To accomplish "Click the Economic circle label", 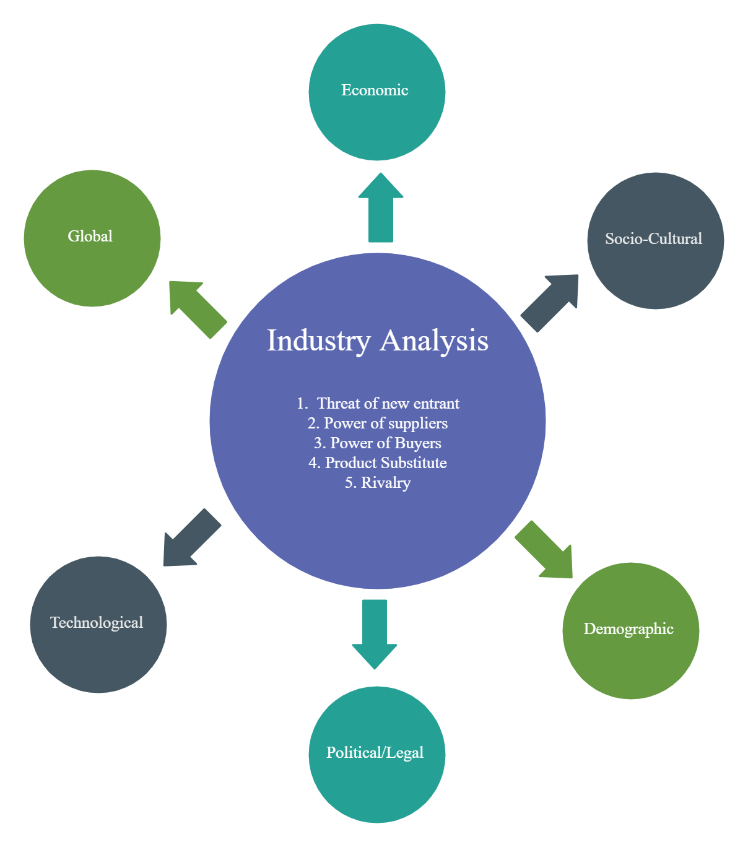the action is (375, 90).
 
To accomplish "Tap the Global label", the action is (90, 237).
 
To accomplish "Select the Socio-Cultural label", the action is (653, 239).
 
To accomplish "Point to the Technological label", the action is (97, 622).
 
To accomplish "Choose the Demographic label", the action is (628, 629).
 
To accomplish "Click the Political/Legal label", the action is (375, 752).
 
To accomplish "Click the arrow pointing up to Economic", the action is (380, 207).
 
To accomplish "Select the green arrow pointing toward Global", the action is (198, 310).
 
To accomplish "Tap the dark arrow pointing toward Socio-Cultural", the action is (549, 303).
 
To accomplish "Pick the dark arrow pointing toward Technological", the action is (192, 537).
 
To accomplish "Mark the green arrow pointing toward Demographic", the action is (544, 549).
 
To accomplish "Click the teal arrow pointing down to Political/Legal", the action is (375, 635).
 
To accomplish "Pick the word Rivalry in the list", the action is (386, 483).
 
